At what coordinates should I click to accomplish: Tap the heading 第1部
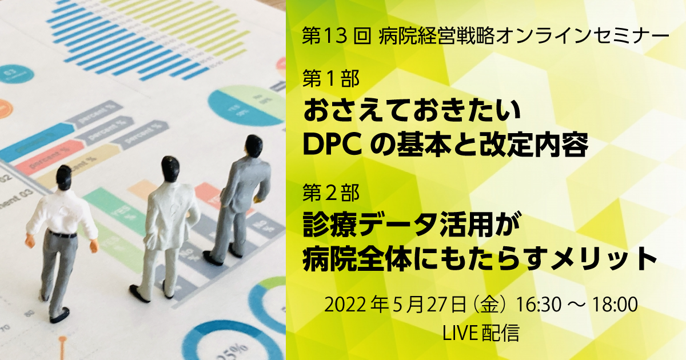(x=331, y=79)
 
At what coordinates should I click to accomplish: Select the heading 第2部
(x=331, y=193)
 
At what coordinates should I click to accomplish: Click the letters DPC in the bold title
(x=332, y=145)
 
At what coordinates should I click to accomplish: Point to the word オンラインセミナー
(x=582, y=36)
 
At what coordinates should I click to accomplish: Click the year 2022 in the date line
(x=345, y=304)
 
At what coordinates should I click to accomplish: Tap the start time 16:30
(x=539, y=304)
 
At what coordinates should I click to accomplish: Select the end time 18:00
(x=615, y=304)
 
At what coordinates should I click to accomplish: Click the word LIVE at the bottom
(x=460, y=333)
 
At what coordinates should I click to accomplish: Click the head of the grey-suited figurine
(x=254, y=146)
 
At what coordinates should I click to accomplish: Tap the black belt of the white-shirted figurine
(x=63, y=234)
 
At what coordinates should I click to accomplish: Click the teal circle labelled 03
(x=15, y=74)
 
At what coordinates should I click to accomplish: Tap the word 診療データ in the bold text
(x=370, y=225)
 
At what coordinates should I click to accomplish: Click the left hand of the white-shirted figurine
(x=30, y=241)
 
